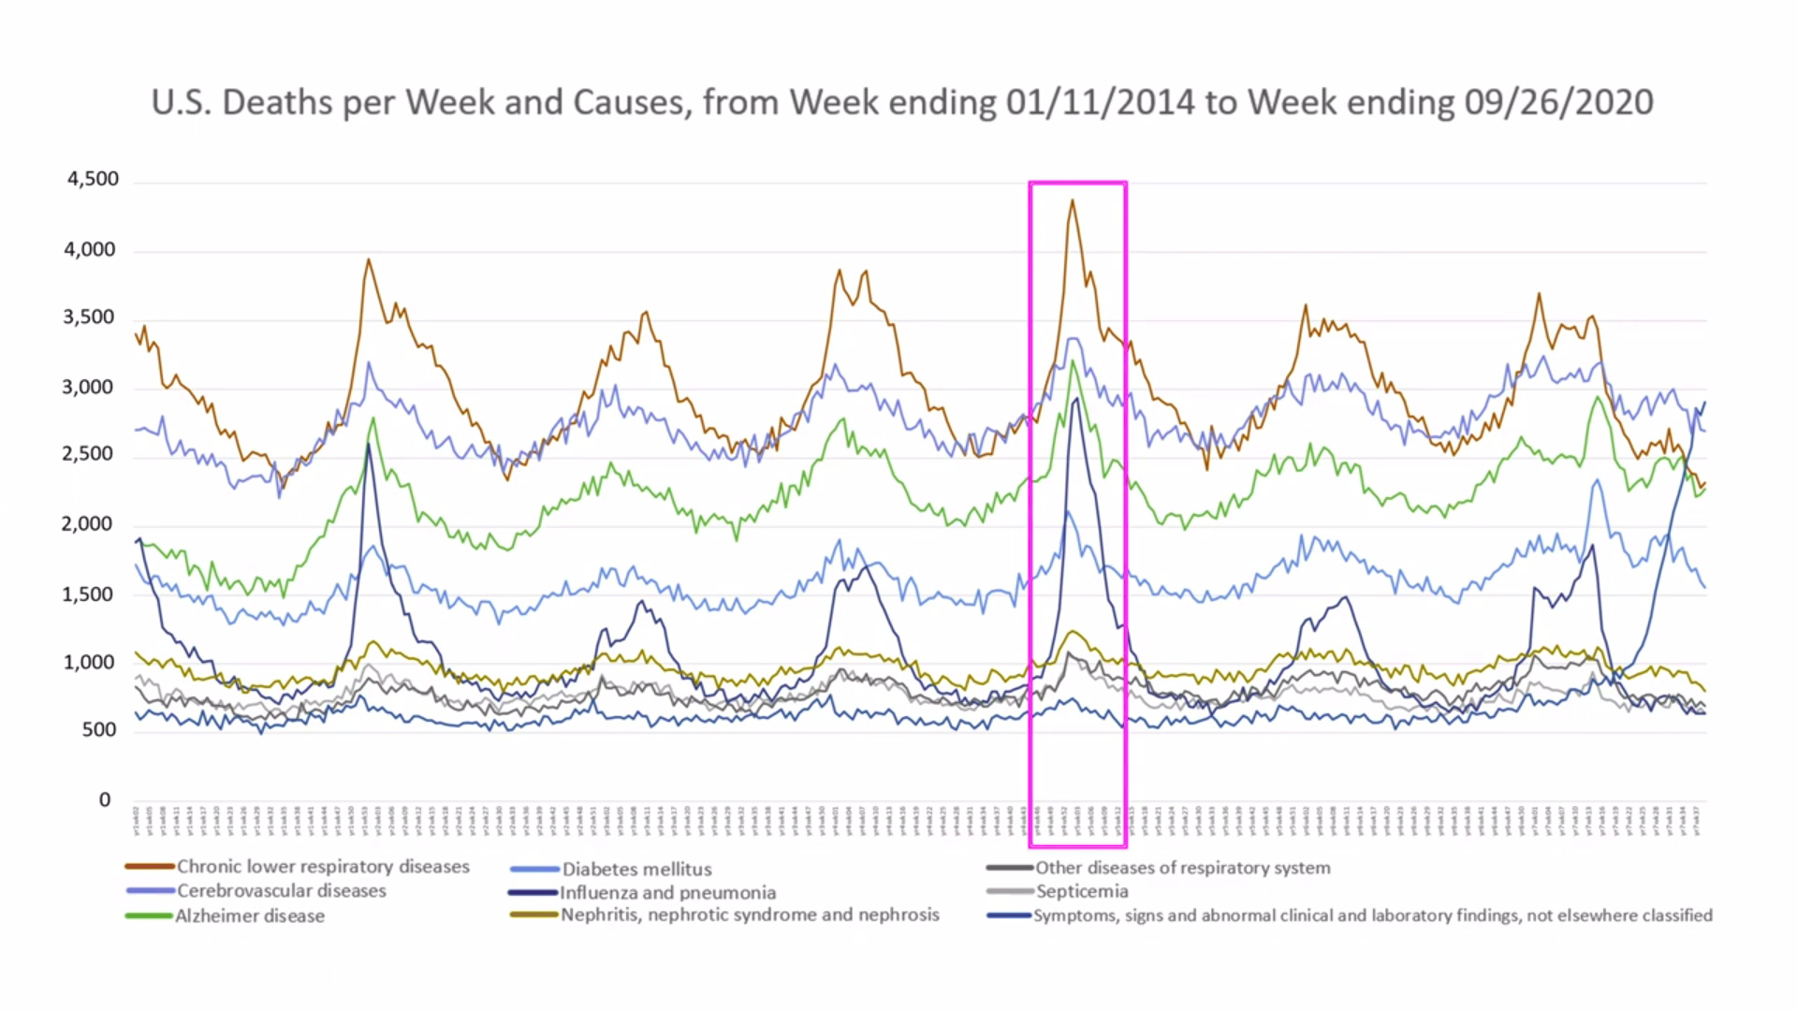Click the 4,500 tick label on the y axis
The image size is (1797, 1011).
click(x=93, y=179)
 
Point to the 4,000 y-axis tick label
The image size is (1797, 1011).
click(x=90, y=249)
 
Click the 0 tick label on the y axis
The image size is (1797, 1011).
click(x=105, y=799)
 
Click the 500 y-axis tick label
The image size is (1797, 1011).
click(x=98, y=730)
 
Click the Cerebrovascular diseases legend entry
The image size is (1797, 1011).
click(x=281, y=891)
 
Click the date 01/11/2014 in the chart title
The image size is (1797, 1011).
click(x=1100, y=102)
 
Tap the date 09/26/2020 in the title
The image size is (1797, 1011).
click(x=1558, y=102)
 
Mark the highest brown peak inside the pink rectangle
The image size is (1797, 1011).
click(x=1073, y=200)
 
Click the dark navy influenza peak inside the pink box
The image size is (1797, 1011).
click(x=1077, y=399)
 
